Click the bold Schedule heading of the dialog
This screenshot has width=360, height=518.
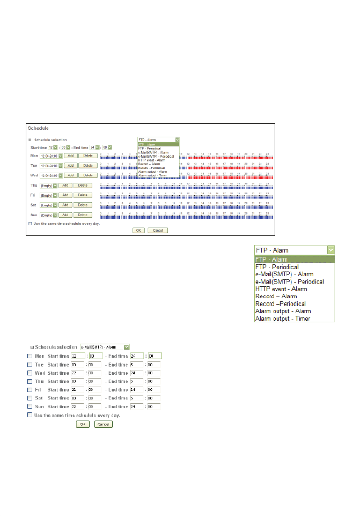(38, 128)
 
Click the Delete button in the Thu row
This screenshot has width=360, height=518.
(83, 185)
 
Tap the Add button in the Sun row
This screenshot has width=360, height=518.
(64, 214)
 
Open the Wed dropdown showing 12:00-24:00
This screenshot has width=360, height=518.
(51, 175)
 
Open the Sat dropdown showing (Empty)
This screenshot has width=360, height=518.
(48, 205)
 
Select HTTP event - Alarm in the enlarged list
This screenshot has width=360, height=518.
(281, 289)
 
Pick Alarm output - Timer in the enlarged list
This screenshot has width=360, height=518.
(282, 319)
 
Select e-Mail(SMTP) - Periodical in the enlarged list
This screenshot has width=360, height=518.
(289, 282)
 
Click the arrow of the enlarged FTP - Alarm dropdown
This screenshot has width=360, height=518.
(331, 250)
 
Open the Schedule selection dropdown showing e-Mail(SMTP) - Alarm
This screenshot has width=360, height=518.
(105, 347)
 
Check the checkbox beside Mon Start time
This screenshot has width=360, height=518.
(30, 356)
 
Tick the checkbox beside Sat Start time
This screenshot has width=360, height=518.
(30, 398)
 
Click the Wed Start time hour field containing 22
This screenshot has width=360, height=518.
(78, 373)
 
